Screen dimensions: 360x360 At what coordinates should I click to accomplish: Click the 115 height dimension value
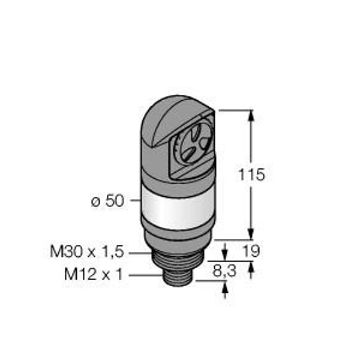tap(251, 175)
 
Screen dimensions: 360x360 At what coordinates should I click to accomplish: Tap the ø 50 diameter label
tap(107, 201)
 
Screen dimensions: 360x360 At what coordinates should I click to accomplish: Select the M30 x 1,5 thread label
tap(87, 251)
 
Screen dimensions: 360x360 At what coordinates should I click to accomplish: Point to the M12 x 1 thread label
tap(94, 274)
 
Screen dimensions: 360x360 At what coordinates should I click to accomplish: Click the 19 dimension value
tap(251, 251)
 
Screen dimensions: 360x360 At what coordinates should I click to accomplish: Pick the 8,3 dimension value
tap(224, 271)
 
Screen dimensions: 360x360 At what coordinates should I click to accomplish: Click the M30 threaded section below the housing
tap(178, 260)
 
